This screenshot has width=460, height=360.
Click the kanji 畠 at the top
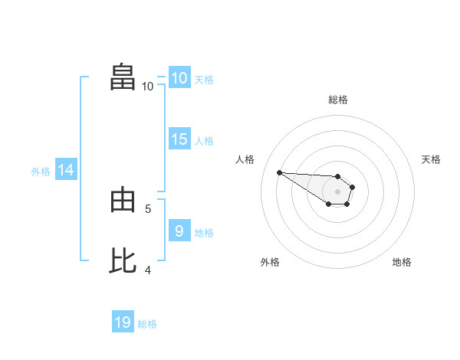[x=123, y=78]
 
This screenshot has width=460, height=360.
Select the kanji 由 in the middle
[x=123, y=201]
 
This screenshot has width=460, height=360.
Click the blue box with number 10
[x=179, y=78]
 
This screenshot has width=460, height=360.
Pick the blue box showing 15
[x=179, y=139]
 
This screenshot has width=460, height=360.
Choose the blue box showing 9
[x=179, y=231]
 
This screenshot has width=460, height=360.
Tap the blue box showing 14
[x=65, y=171]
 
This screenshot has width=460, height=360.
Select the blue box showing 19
[x=123, y=322]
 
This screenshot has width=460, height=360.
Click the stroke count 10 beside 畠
[x=148, y=87]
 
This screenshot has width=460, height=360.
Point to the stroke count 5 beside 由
[x=148, y=208]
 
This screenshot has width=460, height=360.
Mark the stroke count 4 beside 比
[x=148, y=270]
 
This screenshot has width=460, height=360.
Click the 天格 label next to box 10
[x=204, y=80]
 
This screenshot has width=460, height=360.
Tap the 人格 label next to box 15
[x=204, y=141]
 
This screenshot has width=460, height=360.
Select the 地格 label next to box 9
[x=204, y=233]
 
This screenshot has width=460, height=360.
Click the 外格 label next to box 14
[x=41, y=172]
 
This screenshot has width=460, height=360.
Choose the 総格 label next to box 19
[x=147, y=324]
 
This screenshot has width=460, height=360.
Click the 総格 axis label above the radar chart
[x=338, y=100]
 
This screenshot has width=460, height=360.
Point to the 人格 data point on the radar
[x=279, y=172]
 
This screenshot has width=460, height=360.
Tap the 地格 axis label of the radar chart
[x=402, y=262]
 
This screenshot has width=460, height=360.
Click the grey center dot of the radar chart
[x=337, y=191]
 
